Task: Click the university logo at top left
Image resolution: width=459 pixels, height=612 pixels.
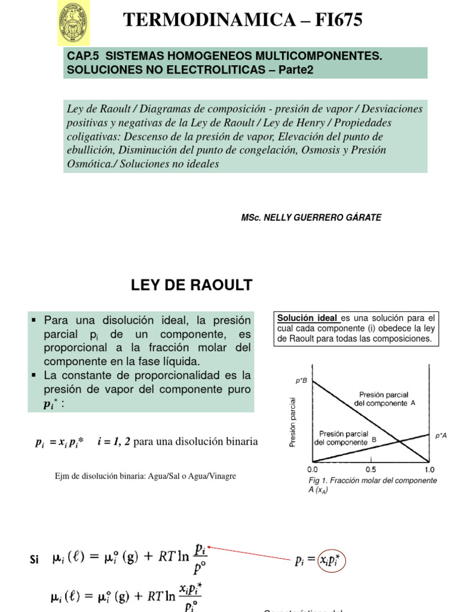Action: tap(74, 23)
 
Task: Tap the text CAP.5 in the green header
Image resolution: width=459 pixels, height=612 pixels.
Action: tap(78, 56)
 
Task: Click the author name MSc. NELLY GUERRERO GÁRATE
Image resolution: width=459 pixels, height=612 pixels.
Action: tap(311, 218)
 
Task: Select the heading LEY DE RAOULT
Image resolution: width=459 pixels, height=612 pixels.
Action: tap(192, 286)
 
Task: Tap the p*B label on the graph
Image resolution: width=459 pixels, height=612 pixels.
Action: tap(301, 381)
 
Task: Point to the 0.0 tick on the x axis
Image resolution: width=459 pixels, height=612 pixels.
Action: tap(313, 469)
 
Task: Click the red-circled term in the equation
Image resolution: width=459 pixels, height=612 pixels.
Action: tap(332, 561)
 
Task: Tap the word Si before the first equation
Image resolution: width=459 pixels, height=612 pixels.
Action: tap(33, 560)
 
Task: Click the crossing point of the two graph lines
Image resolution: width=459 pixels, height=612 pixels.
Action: tap(399, 442)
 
